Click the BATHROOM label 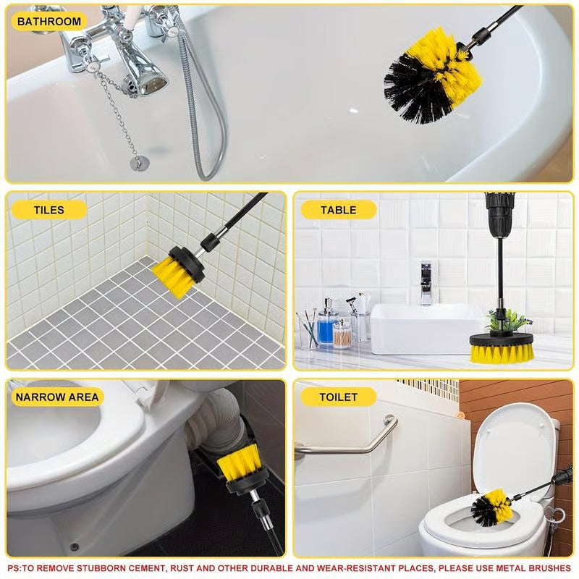pos(49,22)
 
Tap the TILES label pos(49,210)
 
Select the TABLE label pos(339,210)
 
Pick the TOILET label pos(339,397)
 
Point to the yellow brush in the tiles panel pos(176,272)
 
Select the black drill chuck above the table pos(499,214)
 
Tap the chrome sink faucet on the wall pos(426,283)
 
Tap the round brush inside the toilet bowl pos(491,507)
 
